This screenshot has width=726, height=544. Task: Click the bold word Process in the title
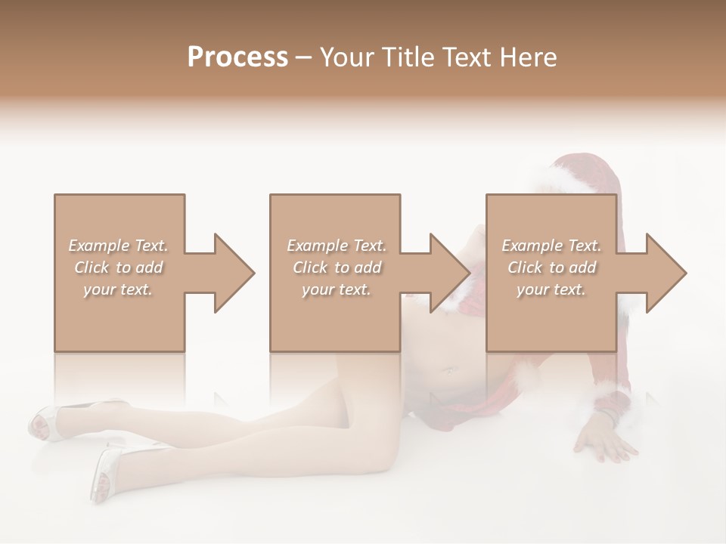pyautogui.click(x=237, y=57)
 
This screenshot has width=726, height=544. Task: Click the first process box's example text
pyautogui.click(x=118, y=267)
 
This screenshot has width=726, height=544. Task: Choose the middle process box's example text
pyautogui.click(x=337, y=267)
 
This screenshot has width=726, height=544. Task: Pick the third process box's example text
pyautogui.click(x=551, y=267)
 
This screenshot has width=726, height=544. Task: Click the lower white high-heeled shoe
pyautogui.click(x=106, y=472)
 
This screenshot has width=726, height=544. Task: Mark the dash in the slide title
pyautogui.click(x=304, y=57)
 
